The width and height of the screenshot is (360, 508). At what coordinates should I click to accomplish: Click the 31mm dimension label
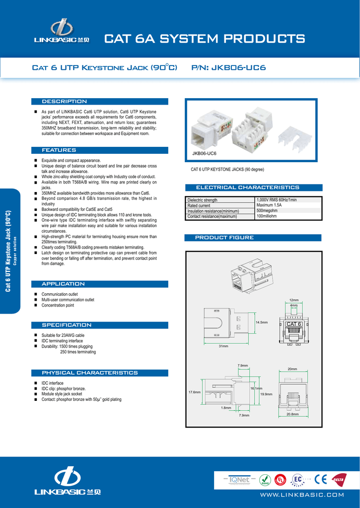pyautogui.click(x=223, y=346)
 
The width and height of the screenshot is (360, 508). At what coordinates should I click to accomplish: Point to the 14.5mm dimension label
pyautogui.click(x=261, y=322)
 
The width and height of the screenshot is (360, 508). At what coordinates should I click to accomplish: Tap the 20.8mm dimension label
pyautogui.click(x=292, y=414)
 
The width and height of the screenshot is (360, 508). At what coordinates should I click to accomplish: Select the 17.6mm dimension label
pyautogui.click(x=194, y=392)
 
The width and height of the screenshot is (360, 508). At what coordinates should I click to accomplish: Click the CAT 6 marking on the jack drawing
pyautogui.click(x=293, y=324)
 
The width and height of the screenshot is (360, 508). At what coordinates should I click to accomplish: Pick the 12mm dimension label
pyautogui.click(x=294, y=300)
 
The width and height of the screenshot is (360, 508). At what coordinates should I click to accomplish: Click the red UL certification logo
pyautogui.click(x=281, y=480)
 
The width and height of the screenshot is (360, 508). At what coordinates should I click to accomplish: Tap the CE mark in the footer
pyautogui.click(x=320, y=480)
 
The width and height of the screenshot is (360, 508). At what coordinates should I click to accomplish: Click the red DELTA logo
pyautogui.click(x=338, y=480)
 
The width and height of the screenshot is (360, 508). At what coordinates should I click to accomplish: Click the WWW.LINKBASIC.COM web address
pyautogui.click(x=302, y=495)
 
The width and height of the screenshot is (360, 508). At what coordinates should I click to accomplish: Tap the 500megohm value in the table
pyautogui.click(x=267, y=210)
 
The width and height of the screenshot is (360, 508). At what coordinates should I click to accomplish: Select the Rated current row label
pyautogui.click(x=199, y=205)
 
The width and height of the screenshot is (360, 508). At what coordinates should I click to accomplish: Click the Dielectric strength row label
pyautogui.click(x=202, y=200)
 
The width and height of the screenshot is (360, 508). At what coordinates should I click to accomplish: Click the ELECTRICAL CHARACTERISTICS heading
pyautogui.click(x=248, y=188)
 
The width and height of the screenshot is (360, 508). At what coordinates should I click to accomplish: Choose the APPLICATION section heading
pyautogui.click(x=63, y=284)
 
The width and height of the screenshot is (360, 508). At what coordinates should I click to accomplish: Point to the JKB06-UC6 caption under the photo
pyautogui.click(x=204, y=154)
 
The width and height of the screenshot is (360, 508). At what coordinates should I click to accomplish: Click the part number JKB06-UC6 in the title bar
pyautogui.click(x=238, y=67)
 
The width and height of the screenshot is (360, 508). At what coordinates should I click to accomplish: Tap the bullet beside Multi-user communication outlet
pyautogui.click(x=36, y=300)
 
